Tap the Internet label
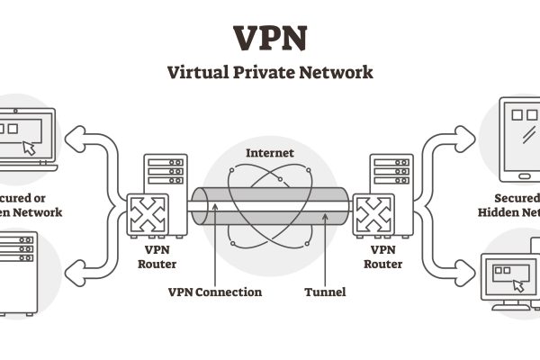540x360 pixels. tap(269, 153)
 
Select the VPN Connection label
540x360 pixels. tap(215, 292)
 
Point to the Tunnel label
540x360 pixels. tap(325, 292)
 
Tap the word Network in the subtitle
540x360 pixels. tap(337, 73)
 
